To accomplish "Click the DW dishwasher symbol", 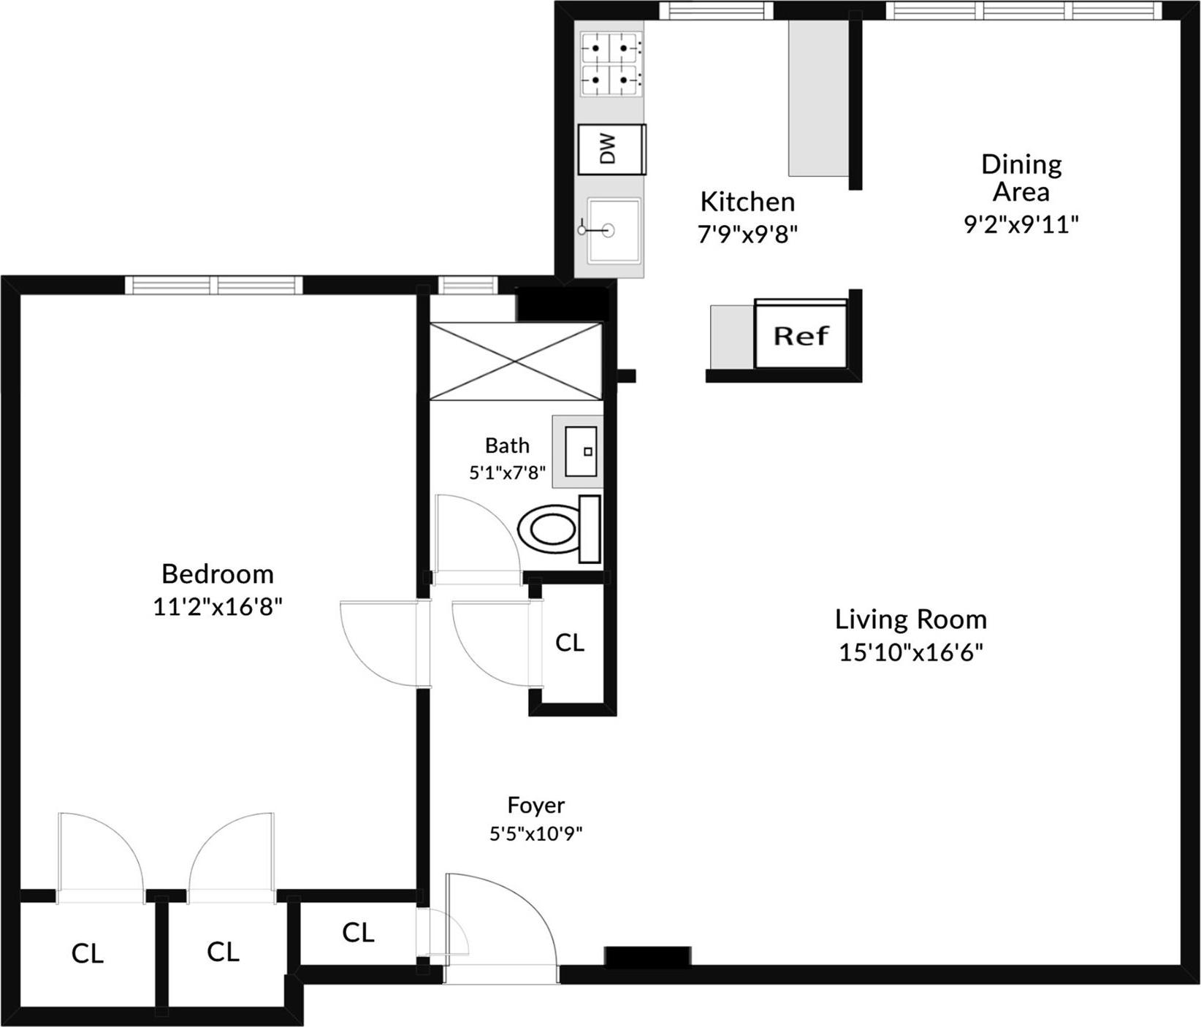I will click(x=611, y=149).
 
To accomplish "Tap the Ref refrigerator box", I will click(x=801, y=335).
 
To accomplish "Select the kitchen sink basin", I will click(x=614, y=230).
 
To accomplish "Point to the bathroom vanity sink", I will click(x=582, y=451).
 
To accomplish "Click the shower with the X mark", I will click(x=515, y=362).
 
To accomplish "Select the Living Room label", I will click(x=910, y=619).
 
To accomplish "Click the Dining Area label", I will click(x=1021, y=177).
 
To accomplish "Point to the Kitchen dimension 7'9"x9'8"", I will click(x=747, y=234).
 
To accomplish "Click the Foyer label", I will click(x=535, y=805).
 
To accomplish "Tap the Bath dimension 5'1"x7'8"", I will click(x=507, y=473).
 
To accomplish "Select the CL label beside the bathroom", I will click(x=569, y=642).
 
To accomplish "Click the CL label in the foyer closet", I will click(x=358, y=932).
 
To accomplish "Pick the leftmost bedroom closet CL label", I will click(x=87, y=953).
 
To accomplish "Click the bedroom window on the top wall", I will click(x=213, y=284).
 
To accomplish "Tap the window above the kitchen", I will click(x=716, y=10).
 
